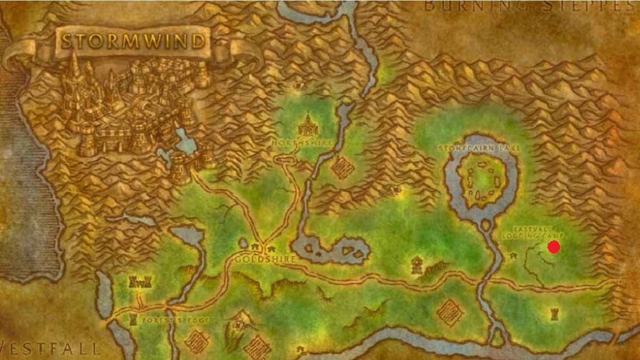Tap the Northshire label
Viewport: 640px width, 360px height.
click(x=302, y=143)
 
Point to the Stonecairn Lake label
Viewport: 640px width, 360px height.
click(x=478, y=147)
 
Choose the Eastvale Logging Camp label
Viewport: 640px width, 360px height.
click(x=532, y=230)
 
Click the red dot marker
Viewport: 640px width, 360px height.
click(x=554, y=247)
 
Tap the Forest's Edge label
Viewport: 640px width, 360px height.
click(x=169, y=321)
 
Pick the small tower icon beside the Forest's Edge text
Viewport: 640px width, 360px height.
click(x=133, y=320)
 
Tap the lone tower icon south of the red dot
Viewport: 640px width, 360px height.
click(x=555, y=314)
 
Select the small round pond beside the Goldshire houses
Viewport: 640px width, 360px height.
click(x=243, y=243)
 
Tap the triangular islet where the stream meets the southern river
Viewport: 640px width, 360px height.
click(x=498, y=337)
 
